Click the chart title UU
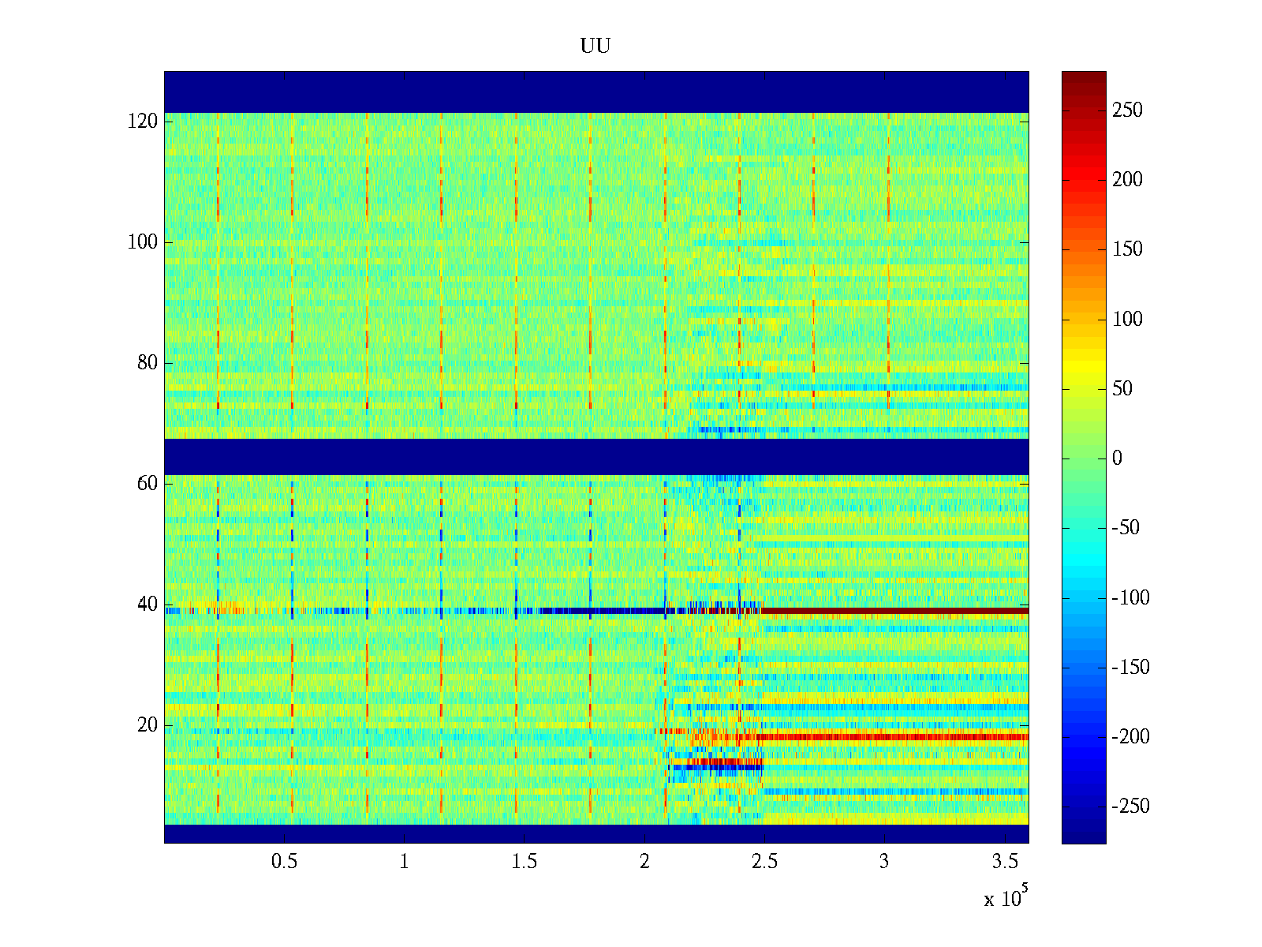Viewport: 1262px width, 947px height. pyautogui.click(x=596, y=47)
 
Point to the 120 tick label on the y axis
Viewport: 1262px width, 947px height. pyautogui.click(x=143, y=122)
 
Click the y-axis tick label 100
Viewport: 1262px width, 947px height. pyautogui.click(x=143, y=242)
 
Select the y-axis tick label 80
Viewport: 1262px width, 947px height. pyautogui.click(x=147, y=363)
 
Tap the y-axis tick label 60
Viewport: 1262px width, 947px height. pyautogui.click(x=147, y=484)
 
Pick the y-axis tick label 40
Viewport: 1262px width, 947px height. pyautogui.click(x=147, y=605)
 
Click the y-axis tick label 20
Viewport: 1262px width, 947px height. pyautogui.click(x=147, y=725)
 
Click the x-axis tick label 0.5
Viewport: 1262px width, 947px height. pyautogui.click(x=285, y=862)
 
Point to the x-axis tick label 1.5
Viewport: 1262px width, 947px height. pyautogui.click(x=525, y=862)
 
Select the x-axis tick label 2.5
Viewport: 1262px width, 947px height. pyautogui.click(x=764, y=862)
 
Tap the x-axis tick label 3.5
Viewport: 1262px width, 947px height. pyautogui.click(x=1005, y=862)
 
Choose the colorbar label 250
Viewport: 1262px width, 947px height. pyautogui.click(x=1127, y=110)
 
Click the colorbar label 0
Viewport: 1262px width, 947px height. pyautogui.click(x=1117, y=459)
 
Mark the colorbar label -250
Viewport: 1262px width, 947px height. pyautogui.click(x=1130, y=807)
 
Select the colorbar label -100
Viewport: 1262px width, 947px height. pyautogui.click(x=1130, y=597)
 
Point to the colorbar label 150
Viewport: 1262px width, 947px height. pyautogui.click(x=1127, y=249)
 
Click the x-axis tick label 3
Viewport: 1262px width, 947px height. pyautogui.click(x=884, y=862)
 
